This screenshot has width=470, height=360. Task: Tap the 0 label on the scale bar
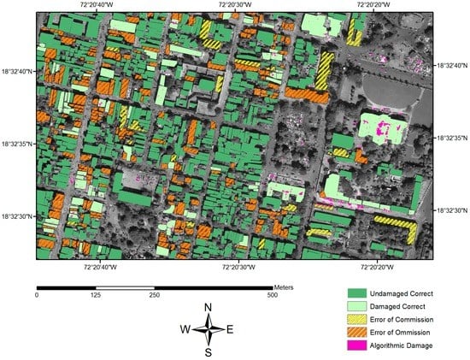[x=37, y=295]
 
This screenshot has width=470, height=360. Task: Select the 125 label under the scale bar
[x=96, y=295]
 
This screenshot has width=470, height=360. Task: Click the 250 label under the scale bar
[x=155, y=295]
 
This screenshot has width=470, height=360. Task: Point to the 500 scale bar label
[x=273, y=295]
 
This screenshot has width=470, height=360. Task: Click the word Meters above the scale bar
[x=285, y=287]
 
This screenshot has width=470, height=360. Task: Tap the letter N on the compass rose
[x=209, y=307]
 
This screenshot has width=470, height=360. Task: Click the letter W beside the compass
[x=185, y=328]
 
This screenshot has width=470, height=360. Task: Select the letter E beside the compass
[x=232, y=328]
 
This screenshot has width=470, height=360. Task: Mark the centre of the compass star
[x=209, y=328]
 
